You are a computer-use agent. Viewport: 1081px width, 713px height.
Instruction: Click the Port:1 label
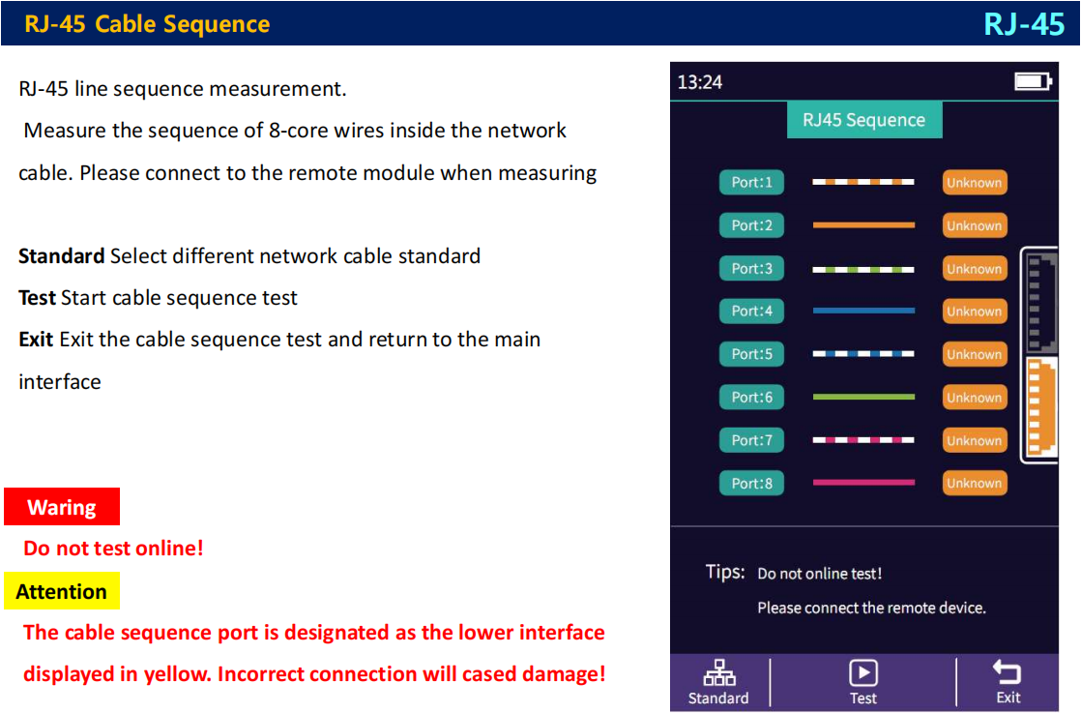click(751, 182)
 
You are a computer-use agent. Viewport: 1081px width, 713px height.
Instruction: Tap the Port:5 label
click(751, 354)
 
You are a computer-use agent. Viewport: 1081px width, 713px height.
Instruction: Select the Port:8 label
click(751, 483)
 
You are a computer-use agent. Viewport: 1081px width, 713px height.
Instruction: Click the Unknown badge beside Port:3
click(975, 269)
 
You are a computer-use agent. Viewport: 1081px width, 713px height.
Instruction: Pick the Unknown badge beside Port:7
click(975, 440)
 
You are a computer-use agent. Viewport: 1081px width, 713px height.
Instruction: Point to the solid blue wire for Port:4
click(863, 312)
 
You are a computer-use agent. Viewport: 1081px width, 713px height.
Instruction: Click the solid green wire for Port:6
click(863, 397)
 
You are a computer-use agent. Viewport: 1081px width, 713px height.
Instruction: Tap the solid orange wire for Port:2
click(863, 225)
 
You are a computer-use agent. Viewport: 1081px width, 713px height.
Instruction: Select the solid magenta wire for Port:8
click(863, 483)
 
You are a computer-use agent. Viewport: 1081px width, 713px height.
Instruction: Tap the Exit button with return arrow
click(1008, 682)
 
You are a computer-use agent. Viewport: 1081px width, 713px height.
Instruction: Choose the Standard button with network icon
click(718, 682)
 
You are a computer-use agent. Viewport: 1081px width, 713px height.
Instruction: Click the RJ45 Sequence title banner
click(863, 120)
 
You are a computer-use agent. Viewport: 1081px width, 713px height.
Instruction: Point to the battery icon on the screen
click(1033, 81)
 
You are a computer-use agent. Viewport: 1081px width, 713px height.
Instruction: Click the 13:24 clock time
click(700, 82)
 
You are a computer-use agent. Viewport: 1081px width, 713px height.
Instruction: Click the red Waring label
click(62, 507)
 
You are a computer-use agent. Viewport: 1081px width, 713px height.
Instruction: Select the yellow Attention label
click(62, 591)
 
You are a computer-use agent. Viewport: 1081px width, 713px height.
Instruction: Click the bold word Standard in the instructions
click(62, 256)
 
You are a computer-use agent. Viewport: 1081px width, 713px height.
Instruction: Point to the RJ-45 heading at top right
click(1024, 23)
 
